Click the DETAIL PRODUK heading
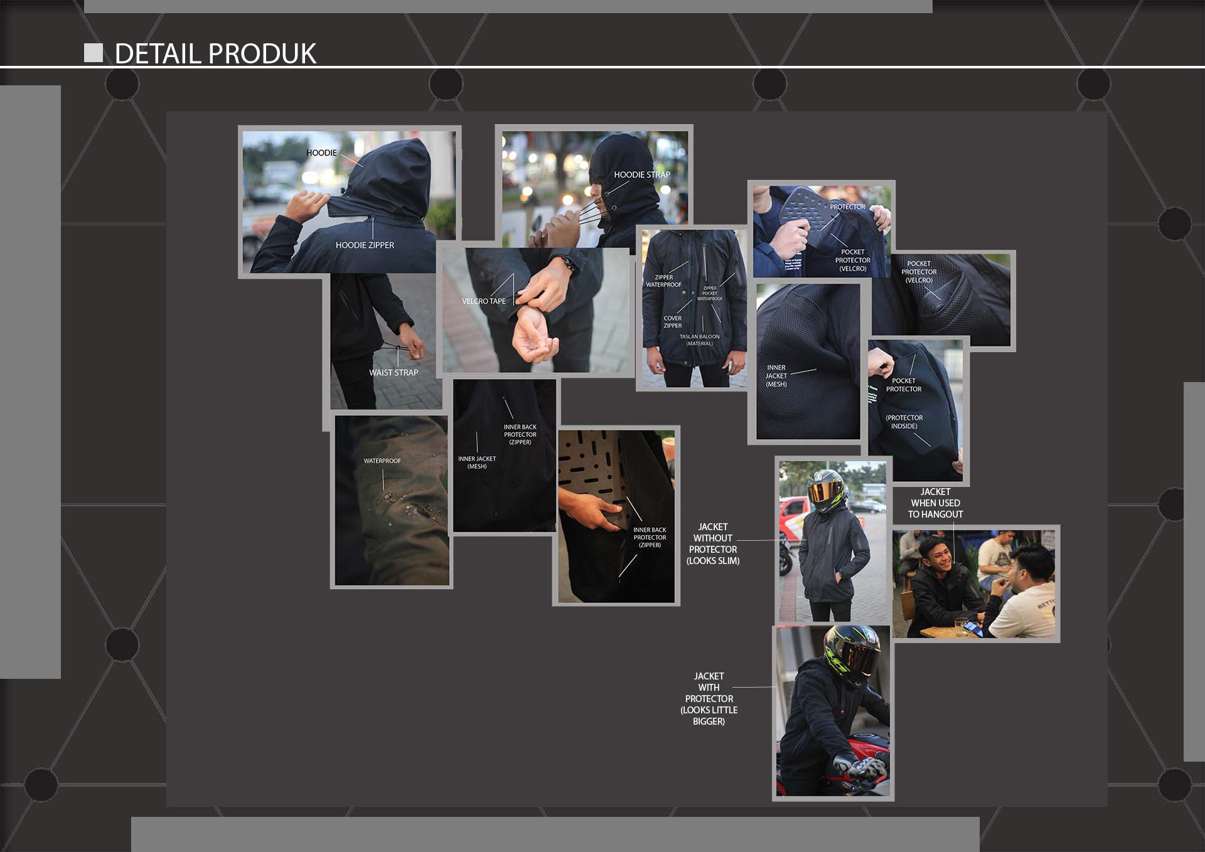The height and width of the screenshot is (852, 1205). click(x=215, y=53)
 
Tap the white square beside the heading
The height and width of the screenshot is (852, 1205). click(x=94, y=53)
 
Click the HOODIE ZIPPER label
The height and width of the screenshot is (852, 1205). click(x=365, y=245)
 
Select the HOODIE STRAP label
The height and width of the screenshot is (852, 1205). click(x=641, y=174)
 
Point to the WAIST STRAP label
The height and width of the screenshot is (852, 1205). click(x=394, y=373)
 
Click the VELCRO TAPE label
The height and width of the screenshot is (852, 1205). click(x=483, y=301)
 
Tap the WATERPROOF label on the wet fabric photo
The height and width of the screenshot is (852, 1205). click(x=382, y=461)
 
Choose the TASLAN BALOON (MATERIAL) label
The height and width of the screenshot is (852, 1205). click(x=699, y=340)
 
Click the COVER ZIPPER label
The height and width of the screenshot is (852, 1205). click(x=672, y=322)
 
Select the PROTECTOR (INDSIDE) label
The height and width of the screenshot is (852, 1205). click(x=904, y=422)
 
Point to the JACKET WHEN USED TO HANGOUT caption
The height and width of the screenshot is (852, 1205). click(x=935, y=503)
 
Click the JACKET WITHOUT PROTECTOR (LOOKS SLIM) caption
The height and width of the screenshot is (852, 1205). click(x=713, y=544)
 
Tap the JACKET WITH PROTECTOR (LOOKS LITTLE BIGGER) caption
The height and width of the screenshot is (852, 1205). click(x=709, y=699)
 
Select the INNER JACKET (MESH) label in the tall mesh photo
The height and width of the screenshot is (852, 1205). click(x=776, y=376)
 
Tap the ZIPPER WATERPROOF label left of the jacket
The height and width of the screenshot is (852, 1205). click(x=663, y=281)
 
